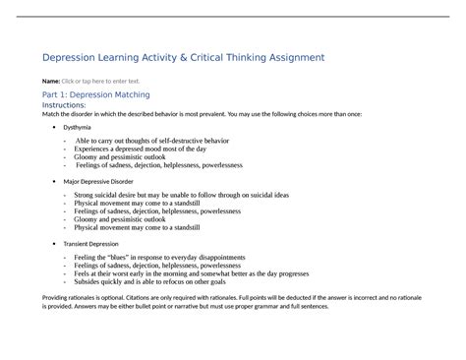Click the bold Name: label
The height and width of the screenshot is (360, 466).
pyautogui.click(x=49, y=81)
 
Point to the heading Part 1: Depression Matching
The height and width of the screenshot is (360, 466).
pyautogui.click(x=95, y=94)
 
